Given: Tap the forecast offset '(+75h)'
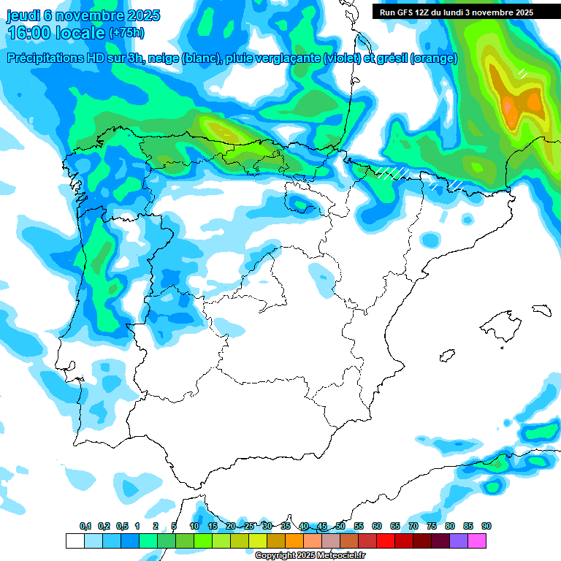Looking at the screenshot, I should pos(126,33).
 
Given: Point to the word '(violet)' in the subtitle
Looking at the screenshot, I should pos(341,58).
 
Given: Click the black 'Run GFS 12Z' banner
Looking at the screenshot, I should pos(456,12).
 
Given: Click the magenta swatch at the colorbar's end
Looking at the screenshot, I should pos(477,541).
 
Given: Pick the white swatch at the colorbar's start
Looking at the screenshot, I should pos(75,541).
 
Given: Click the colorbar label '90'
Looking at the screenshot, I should pos(486,527).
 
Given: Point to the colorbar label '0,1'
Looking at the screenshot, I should pos(85,527).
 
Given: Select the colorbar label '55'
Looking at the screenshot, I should pos(359,527).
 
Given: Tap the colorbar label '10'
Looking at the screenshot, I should pos(194,527).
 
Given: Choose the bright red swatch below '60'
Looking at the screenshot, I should pos(386,541).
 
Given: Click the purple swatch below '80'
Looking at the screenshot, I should pos(459,541).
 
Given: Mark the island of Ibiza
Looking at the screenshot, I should pos(447,354).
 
